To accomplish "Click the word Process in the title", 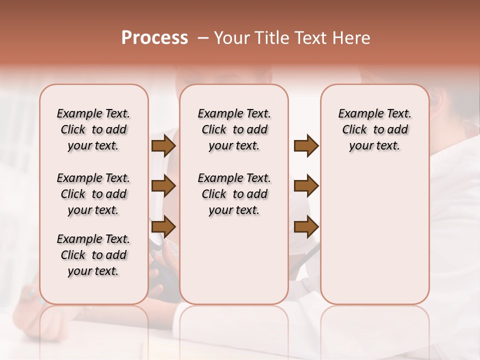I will point(154,38).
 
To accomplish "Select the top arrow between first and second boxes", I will point(163,146).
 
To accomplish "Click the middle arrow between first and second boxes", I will point(163,186).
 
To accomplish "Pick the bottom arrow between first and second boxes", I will point(163,226).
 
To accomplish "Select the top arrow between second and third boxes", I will point(306,146).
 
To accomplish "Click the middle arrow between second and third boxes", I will point(306,186).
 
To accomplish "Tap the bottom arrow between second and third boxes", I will point(306,226).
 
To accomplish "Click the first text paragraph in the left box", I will point(93,129).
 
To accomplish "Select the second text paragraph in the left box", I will point(93,194).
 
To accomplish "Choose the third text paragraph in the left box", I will point(93,255).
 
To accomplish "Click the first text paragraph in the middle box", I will point(234,129).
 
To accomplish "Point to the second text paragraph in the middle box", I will point(234,194).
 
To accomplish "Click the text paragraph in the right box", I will point(374,129).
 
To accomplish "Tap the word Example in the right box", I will point(357,114).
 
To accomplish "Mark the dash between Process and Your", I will point(203,38).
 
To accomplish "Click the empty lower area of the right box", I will point(374,240).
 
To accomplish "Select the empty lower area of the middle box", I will point(234,260).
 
